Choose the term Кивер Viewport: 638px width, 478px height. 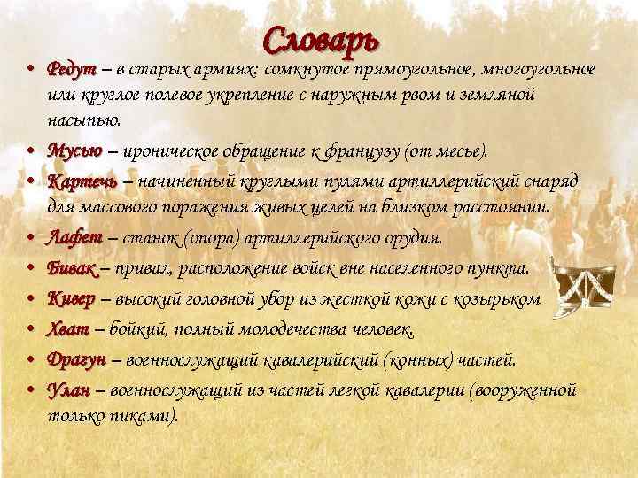pos(72,299)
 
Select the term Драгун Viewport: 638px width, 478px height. pos(77,359)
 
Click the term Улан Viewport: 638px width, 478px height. pos(68,389)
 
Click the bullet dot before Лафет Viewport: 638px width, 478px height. pos(29,239)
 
